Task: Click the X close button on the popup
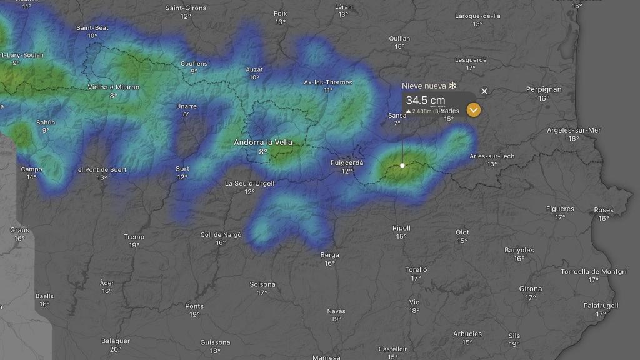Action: tap(484, 91)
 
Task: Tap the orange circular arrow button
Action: tap(474, 110)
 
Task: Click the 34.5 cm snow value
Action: tap(425, 100)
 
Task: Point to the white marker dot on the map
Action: tap(402, 166)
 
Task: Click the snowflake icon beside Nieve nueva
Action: tap(452, 86)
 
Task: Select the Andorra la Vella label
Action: tap(263, 142)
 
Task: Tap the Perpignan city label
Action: tap(544, 89)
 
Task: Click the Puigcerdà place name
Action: tap(346, 163)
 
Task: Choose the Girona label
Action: tap(531, 289)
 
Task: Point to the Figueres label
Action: tap(560, 209)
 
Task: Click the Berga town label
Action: tap(329, 255)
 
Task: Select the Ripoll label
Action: tap(401, 228)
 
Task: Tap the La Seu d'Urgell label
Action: tap(249, 183)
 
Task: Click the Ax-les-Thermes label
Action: tap(328, 82)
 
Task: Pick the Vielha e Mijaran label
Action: tap(113, 87)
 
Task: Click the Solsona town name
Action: tap(262, 284)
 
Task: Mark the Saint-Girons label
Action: tap(186, 8)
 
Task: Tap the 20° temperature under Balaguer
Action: tap(115, 349)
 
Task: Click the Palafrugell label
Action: tap(601, 306)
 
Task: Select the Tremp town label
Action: tap(134, 237)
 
